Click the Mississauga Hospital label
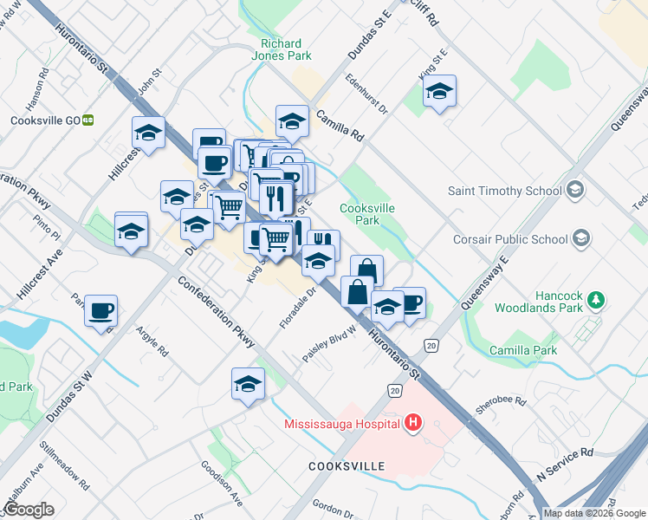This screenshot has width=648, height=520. pos(342,424)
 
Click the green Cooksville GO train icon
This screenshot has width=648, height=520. pos(87,120)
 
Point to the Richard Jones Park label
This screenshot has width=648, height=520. pos(282,50)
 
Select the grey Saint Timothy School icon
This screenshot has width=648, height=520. pos(573,191)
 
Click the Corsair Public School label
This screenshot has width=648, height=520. pos(509,238)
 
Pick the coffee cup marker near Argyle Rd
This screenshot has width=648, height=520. pos(100,311)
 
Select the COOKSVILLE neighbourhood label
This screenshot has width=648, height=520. pos(347,466)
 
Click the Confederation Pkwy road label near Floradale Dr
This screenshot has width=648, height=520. pos(217,312)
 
